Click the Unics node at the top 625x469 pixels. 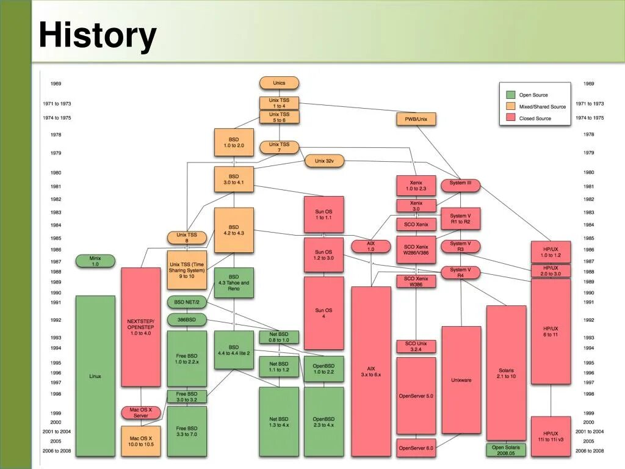[x=279, y=83]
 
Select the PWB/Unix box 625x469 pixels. [x=416, y=119]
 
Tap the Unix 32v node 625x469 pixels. [x=324, y=161]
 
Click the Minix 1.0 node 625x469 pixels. [x=95, y=261]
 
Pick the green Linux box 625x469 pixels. [x=95, y=376]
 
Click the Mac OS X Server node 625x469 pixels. [x=140, y=413]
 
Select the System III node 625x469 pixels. [x=460, y=185]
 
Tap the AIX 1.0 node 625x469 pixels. [x=370, y=247]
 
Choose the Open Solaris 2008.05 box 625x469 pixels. [x=506, y=450]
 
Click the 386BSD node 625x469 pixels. [x=187, y=320]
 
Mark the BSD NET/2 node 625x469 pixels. [x=187, y=302]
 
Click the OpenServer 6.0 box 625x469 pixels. [x=416, y=448]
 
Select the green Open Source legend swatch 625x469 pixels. [x=511, y=95]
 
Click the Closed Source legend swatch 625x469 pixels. [x=511, y=118]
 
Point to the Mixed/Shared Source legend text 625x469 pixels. [x=542, y=107]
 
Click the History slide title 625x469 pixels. [x=98, y=35]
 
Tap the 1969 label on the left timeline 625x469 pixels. [x=56, y=84]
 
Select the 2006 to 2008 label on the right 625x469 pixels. [x=589, y=451]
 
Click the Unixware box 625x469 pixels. [x=461, y=380]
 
